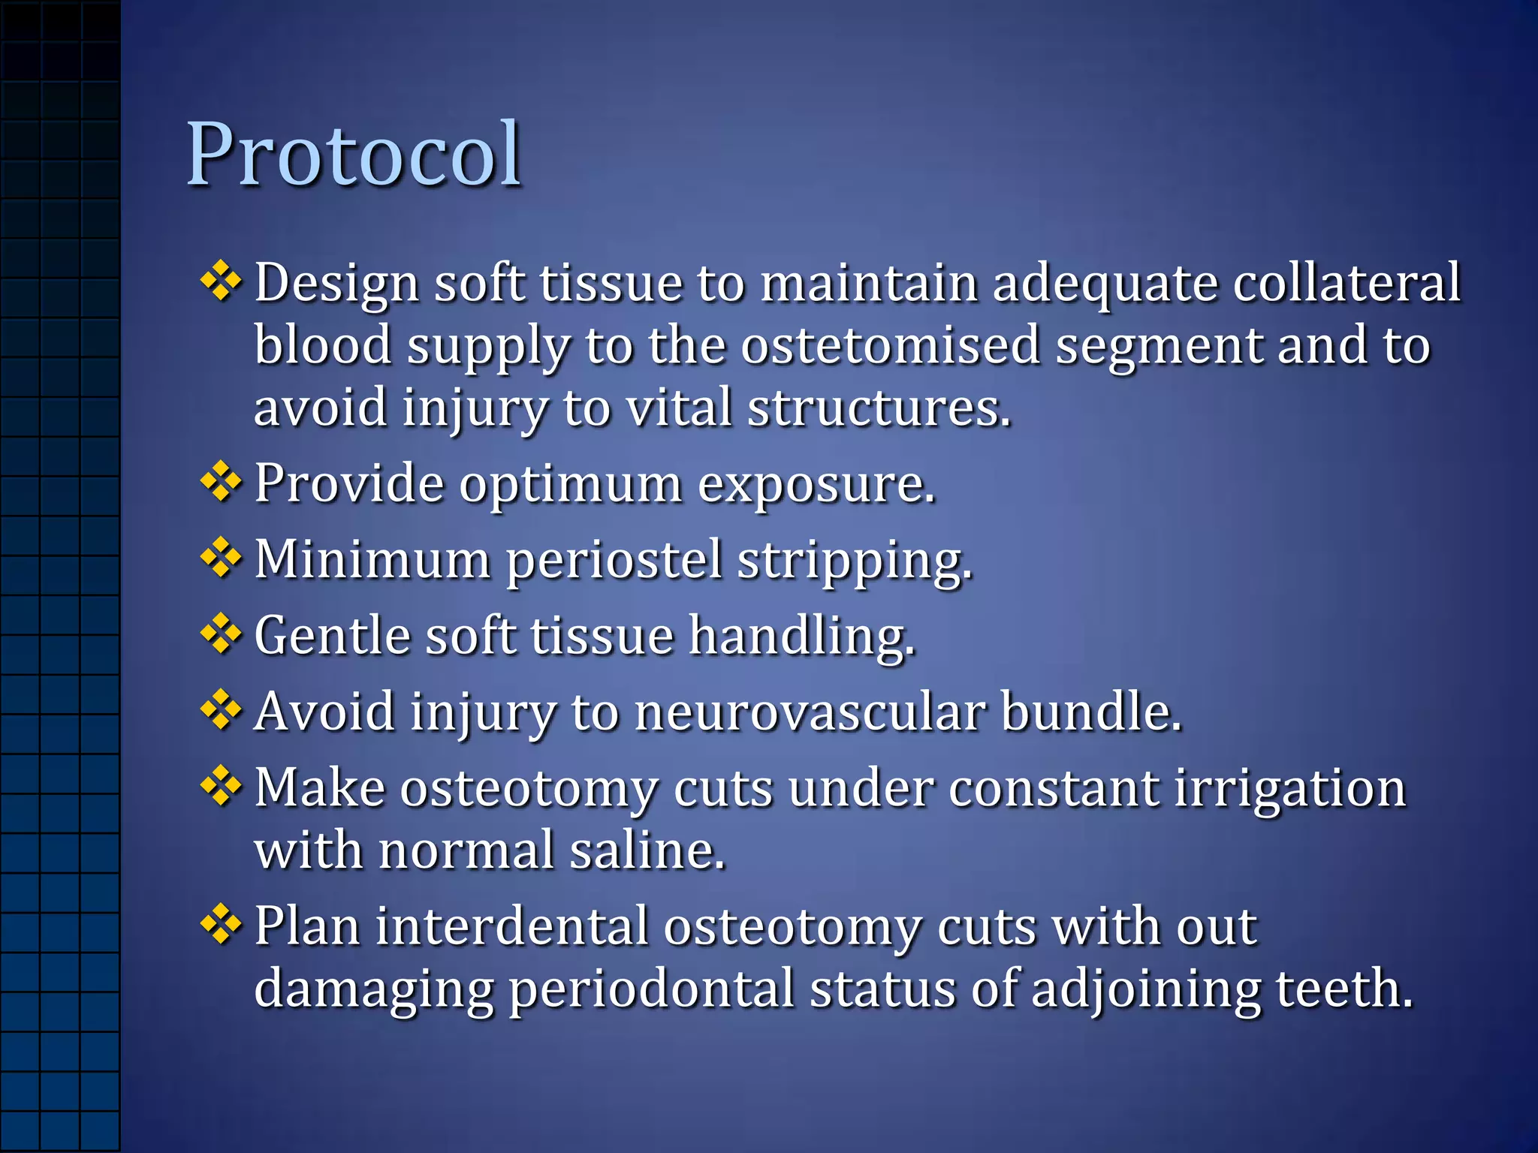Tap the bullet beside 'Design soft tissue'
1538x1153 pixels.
pos(221,282)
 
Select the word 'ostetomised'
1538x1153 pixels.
pos(890,345)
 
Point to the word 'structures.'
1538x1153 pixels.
pos(879,408)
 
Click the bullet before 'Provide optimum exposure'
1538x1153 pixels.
pos(221,483)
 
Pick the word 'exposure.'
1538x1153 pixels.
pos(816,484)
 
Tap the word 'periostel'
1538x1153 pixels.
pos(614,560)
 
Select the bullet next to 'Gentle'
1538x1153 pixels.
pos(221,635)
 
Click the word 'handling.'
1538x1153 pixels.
pos(802,637)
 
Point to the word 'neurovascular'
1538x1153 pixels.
pos(810,712)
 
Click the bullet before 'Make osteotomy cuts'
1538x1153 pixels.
pos(221,787)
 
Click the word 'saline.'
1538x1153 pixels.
pos(647,850)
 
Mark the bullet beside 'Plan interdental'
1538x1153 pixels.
pos(221,925)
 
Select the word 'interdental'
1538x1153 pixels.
pos(511,926)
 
